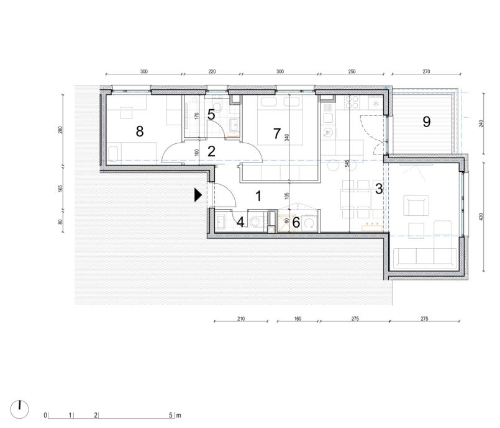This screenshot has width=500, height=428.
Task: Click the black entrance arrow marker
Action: tap(198, 195)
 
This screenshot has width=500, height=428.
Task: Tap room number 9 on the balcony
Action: tap(426, 122)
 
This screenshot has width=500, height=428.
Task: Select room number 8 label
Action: tap(140, 132)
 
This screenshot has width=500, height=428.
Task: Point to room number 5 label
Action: tap(211, 115)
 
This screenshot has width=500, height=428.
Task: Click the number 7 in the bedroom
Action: tap(277, 134)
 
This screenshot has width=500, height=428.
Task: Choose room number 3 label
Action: tap(379, 189)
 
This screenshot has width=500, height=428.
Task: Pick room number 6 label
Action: tap(296, 223)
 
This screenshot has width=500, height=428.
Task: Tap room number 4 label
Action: tap(241, 222)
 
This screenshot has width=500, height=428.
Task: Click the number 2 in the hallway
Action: tap(211, 151)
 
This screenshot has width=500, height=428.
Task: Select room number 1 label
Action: tap(258, 196)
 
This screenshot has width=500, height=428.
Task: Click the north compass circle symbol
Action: tap(19, 409)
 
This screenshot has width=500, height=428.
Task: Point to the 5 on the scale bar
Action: tap(171, 415)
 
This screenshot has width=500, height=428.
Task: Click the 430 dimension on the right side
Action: tap(481, 217)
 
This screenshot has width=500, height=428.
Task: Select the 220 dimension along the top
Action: tap(212, 72)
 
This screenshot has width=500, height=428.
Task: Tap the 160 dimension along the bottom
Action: tap(298, 318)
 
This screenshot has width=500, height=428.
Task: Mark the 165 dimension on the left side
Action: tap(61, 188)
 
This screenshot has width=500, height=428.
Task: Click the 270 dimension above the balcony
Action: tap(426, 72)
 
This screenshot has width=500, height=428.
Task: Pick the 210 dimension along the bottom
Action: tap(241, 318)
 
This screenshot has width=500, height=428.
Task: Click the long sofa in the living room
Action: tap(425, 257)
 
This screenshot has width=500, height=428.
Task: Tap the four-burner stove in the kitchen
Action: tap(352, 102)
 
